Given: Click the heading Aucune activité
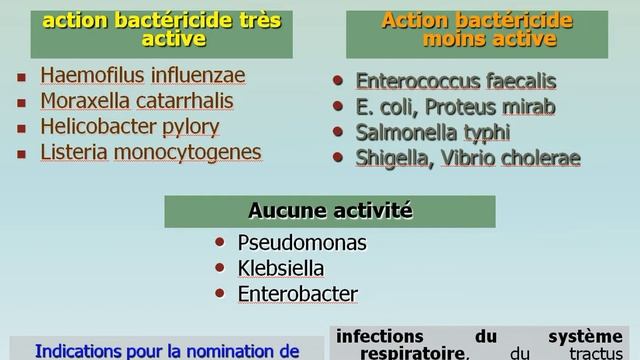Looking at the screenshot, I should click(317, 211).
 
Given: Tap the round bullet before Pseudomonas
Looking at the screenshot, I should click(219, 243).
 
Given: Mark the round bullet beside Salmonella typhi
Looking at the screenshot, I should click(339, 132).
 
